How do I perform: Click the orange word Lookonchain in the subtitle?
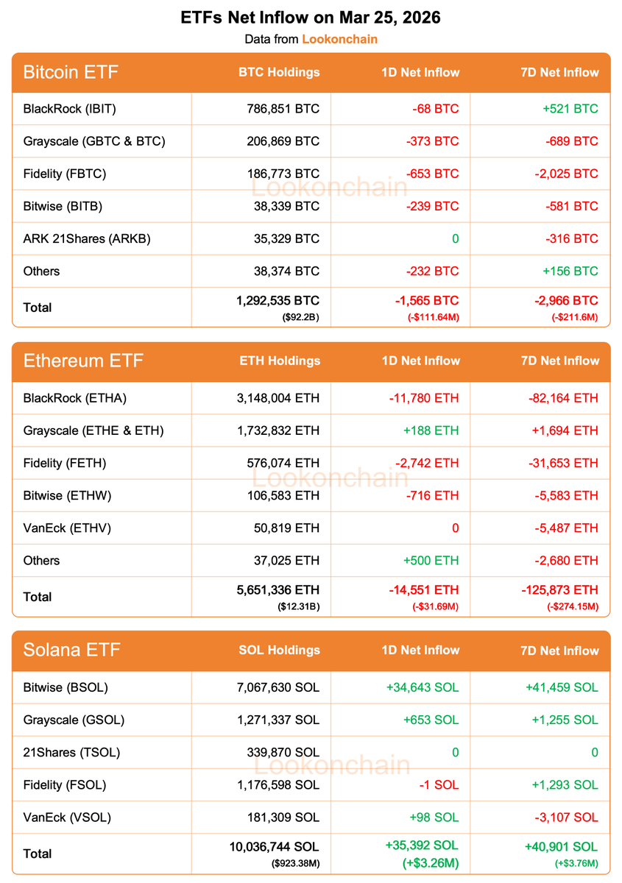coord(339,39)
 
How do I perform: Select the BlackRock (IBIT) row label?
coord(70,109)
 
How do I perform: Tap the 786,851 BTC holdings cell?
coord(283,109)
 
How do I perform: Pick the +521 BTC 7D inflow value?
coord(570,109)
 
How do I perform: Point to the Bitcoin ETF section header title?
coord(71,72)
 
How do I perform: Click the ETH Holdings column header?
coord(280,361)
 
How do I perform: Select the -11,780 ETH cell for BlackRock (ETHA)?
coord(423,398)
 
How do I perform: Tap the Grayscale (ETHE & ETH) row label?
coord(93,430)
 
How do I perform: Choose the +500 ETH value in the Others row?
coord(431,560)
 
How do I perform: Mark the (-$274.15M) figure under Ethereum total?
coord(572,606)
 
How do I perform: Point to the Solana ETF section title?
coord(71,650)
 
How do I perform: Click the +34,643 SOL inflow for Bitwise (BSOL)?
coord(422,687)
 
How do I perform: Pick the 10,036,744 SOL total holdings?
coord(274,847)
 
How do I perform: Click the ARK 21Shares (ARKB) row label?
coord(87,238)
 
